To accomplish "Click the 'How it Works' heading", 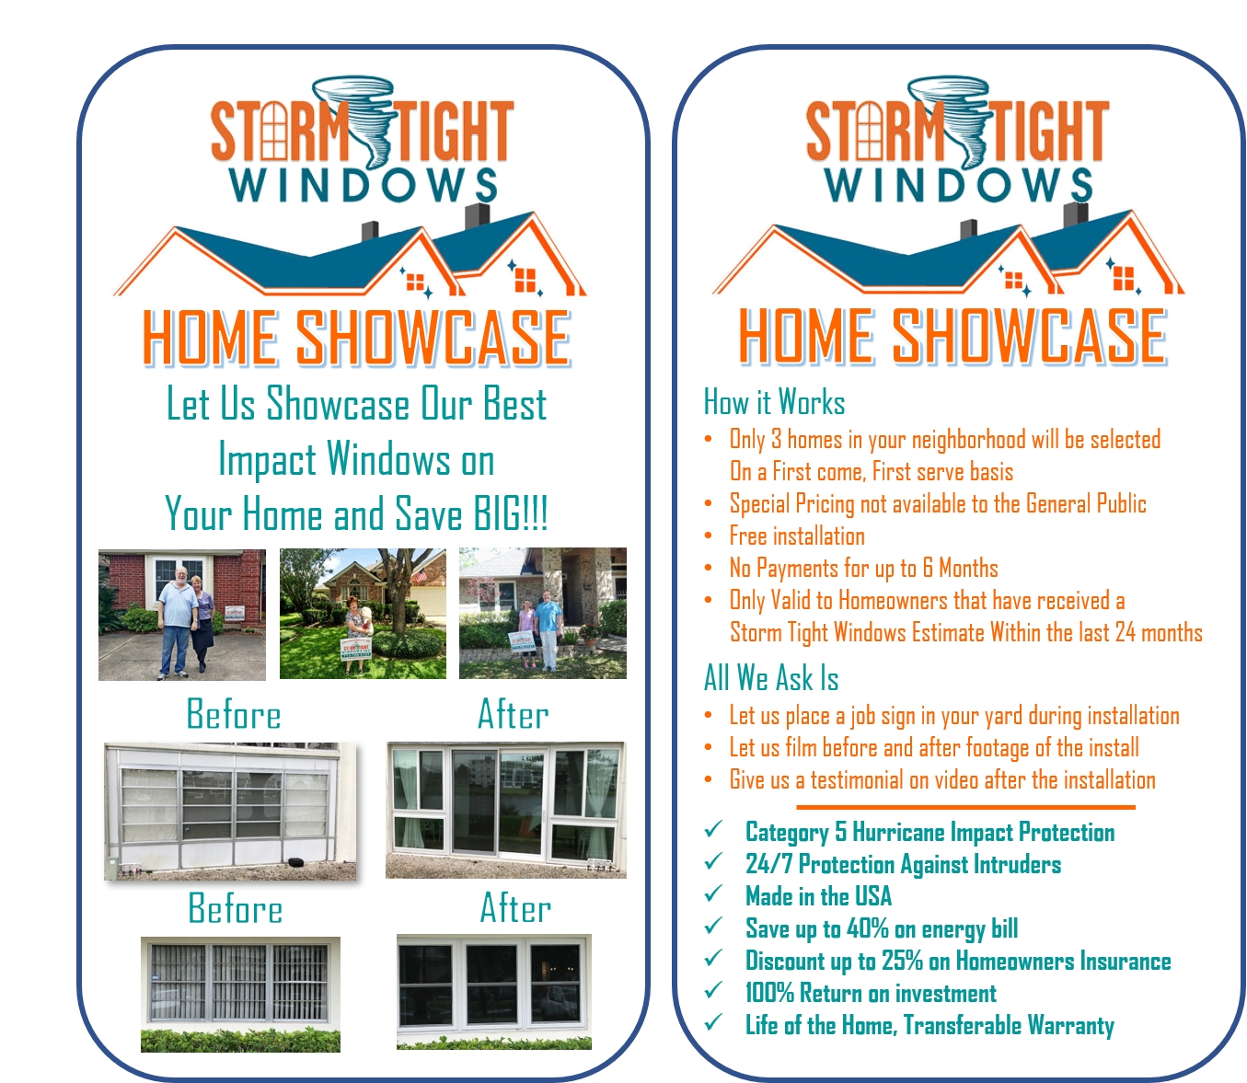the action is [774, 401].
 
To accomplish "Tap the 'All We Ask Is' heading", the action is [771, 678].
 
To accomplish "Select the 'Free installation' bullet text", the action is [797, 536].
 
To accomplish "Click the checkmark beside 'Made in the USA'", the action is [713, 893].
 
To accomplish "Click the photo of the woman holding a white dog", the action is [363, 613].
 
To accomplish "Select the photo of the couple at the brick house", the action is [182, 615].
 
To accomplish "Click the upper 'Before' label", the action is [234, 714].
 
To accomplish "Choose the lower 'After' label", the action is [515, 907].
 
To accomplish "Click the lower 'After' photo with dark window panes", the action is [493, 992].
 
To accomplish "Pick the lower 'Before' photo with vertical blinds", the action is [240, 994].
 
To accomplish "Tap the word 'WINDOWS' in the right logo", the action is [958, 185].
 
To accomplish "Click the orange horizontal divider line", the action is [965, 807].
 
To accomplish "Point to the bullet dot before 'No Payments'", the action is [709, 568].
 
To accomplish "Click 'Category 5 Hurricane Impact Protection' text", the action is [930, 832].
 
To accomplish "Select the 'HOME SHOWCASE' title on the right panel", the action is [953, 336].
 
